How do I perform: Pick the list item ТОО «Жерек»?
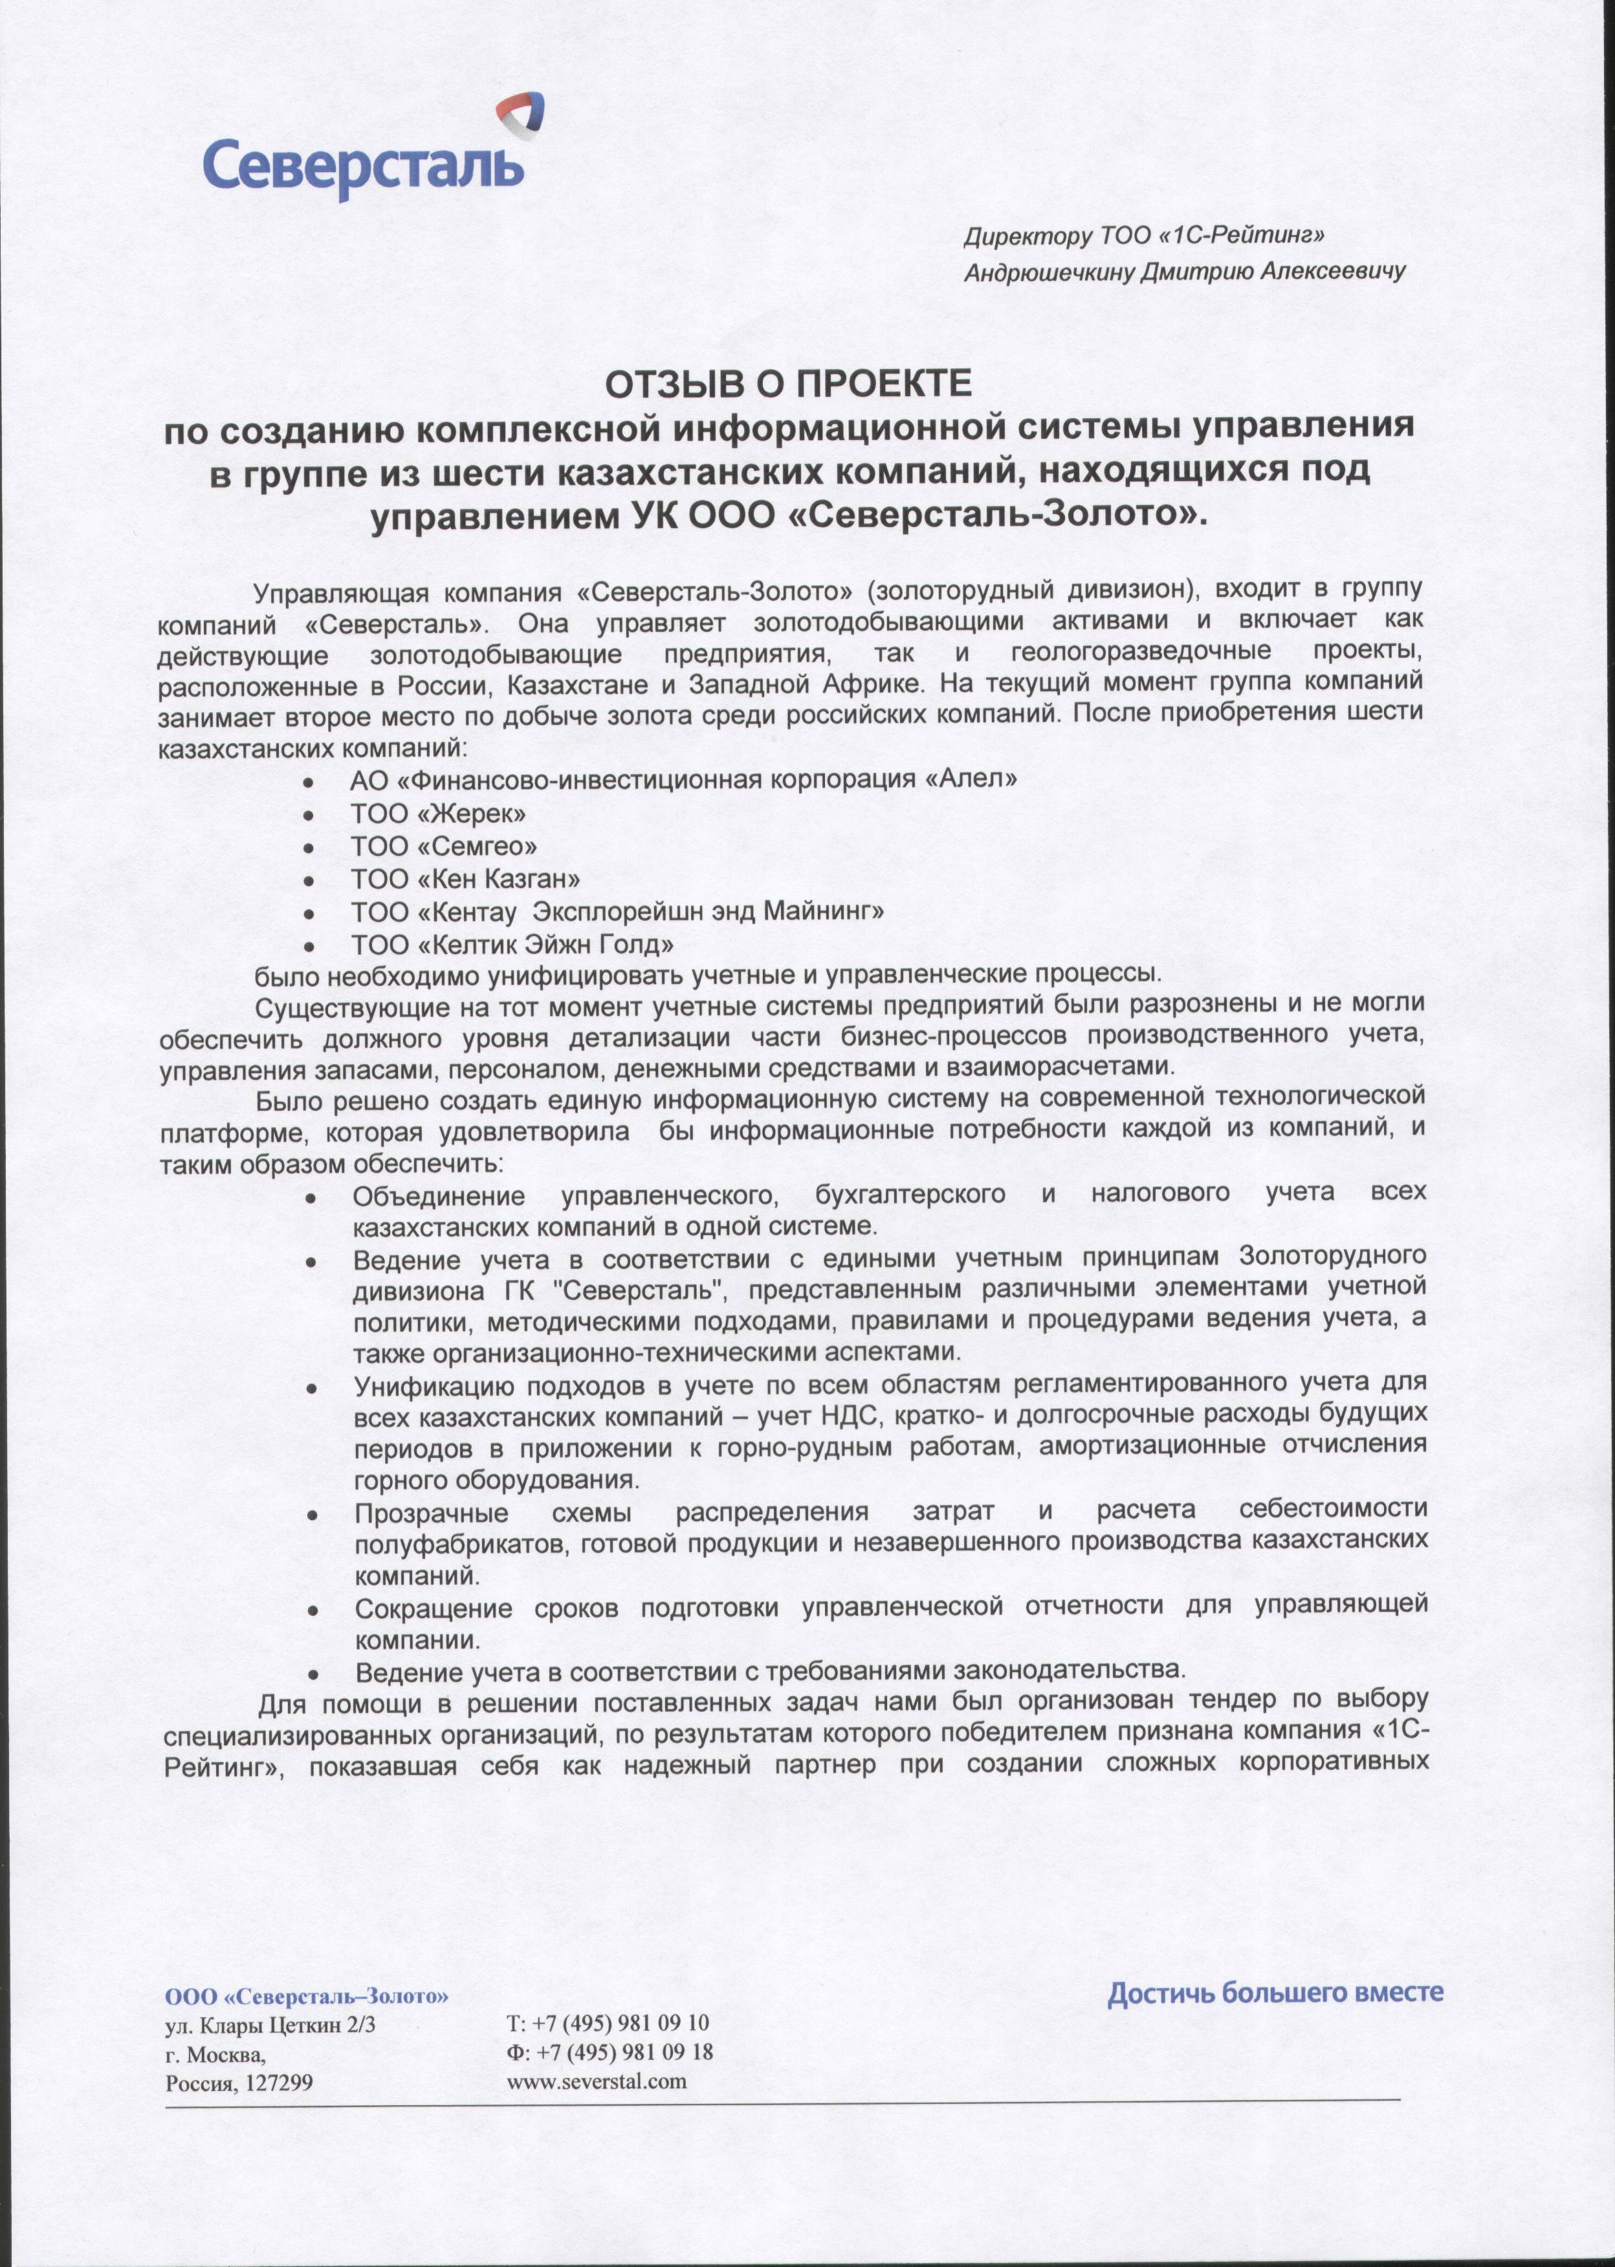[437, 814]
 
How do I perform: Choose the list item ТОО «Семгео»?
[443, 847]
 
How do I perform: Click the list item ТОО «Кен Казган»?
[465, 879]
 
